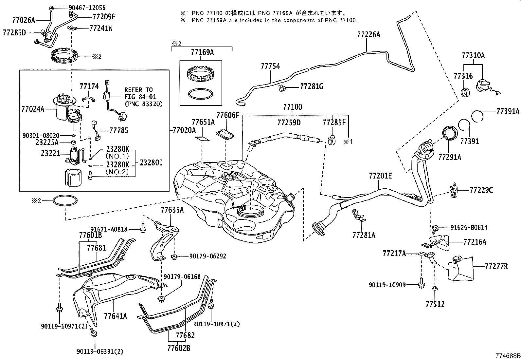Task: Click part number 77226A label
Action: pyautogui.click(x=368, y=35)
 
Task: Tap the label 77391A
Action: pyautogui.click(x=508, y=111)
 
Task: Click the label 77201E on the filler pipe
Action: pyautogui.click(x=380, y=176)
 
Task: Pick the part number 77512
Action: pyautogui.click(x=435, y=304)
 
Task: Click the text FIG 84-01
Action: pyautogui.click(x=140, y=97)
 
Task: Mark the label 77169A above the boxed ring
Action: pyautogui.click(x=202, y=52)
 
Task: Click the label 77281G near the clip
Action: pyautogui.click(x=312, y=86)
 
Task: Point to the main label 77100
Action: pyautogui.click(x=293, y=107)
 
